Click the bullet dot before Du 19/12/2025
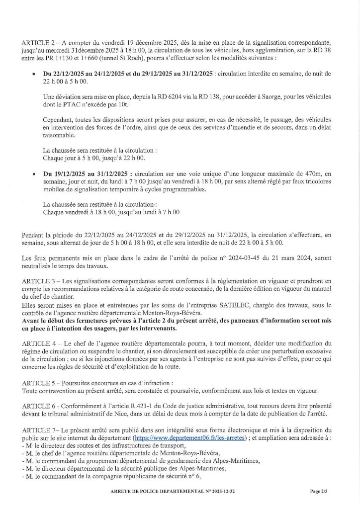[x=33, y=173]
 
